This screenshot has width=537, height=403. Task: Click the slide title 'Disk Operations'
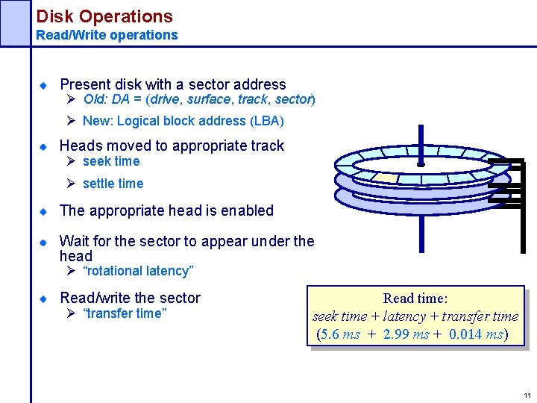[x=104, y=16]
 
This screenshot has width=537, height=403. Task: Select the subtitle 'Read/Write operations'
[x=107, y=35]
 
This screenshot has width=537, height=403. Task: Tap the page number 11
[x=527, y=395]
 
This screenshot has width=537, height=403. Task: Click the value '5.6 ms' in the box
[x=341, y=334]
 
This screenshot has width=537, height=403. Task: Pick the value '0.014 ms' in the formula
[x=477, y=334]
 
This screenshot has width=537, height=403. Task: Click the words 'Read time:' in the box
[x=415, y=299]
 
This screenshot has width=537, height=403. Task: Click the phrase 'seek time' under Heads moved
[x=111, y=161]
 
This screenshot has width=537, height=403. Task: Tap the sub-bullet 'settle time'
[x=113, y=184]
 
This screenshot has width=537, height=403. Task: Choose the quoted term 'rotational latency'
[x=138, y=271]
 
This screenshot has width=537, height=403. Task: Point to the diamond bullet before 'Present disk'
[x=44, y=85]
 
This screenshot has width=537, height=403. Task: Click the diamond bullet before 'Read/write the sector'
[x=44, y=299]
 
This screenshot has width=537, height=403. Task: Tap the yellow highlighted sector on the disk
[x=386, y=178]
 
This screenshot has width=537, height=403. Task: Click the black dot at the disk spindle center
[x=421, y=163]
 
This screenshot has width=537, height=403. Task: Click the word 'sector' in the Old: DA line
[x=292, y=99]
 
